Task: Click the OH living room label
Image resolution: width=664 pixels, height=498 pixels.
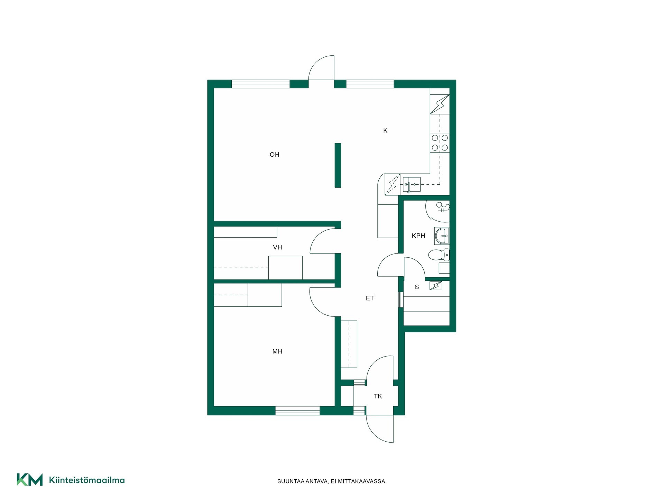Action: click(274, 155)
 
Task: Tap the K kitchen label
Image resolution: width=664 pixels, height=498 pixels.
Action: click(385, 131)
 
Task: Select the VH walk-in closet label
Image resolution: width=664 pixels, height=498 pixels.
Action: click(277, 247)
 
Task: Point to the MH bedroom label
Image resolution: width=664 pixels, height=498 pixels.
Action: click(277, 351)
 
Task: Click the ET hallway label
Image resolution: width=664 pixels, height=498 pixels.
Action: click(370, 298)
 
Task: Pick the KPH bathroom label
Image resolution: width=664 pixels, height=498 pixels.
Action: click(418, 236)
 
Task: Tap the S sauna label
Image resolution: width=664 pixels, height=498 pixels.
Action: click(417, 287)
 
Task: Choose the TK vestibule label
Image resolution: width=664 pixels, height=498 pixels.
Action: click(378, 396)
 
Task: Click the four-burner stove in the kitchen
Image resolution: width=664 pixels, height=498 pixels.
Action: click(440, 143)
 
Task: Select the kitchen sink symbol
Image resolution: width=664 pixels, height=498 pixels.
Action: click(412, 185)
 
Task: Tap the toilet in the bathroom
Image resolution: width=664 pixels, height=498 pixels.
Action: click(439, 255)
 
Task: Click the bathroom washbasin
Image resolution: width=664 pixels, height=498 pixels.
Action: click(442, 236)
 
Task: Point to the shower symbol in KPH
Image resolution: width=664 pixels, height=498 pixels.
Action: click(443, 207)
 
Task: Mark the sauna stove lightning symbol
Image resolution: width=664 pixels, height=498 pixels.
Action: click(436, 286)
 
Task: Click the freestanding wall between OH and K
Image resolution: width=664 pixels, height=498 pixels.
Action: click(338, 165)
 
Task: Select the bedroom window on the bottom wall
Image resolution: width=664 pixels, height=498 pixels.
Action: click(297, 411)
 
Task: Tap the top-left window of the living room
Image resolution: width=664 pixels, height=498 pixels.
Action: click(260, 84)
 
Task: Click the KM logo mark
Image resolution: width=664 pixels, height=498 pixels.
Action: click(30, 480)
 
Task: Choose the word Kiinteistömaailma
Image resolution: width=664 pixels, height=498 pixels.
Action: click(87, 480)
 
